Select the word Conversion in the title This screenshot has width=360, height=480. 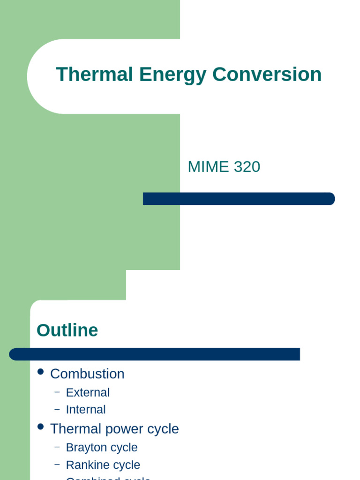267,75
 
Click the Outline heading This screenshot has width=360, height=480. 67,330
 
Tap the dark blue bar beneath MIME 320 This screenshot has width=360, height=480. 239,199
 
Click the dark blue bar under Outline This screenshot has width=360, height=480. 155,354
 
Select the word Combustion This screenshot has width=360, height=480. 87,374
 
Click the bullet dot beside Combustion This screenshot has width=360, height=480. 41,372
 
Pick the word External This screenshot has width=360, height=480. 88,392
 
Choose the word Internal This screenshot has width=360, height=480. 86,409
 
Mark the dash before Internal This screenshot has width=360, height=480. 57,409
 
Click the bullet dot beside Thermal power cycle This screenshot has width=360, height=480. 41,427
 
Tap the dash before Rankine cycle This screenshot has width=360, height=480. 57,464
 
